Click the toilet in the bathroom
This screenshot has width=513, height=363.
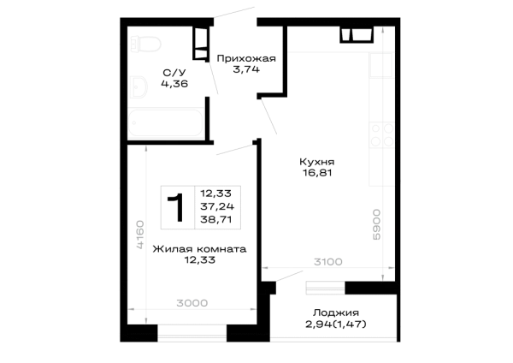pyautogui.click(x=145, y=45)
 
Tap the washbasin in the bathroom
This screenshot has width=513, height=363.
pyautogui.click(x=139, y=86)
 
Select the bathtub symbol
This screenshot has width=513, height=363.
pyautogui.click(x=166, y=122)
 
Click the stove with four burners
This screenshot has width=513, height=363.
pyautogui.click(x=382, y=134)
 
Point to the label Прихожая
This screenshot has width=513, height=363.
pyautogui.click(x=246, y=58)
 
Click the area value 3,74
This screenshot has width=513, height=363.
pyautogui.click(x=246, y=69)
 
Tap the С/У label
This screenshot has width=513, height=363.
pyautogui.click(x=174, y=73)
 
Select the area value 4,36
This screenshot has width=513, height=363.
pyautogui.click(x=174, y=84)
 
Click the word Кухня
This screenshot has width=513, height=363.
pyautogui.click(x=316, y=162)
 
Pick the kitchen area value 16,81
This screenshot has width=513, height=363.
pyautogui.click(x=317, y=173)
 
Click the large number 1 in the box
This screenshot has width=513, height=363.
pyautogui.click(x=176, y=207)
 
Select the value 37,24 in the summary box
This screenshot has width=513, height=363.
pyautogui.click(x=217, y=206)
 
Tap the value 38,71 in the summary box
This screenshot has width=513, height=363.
pyautogui.click(x=216, y=219)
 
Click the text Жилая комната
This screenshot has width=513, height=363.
pyautogui.click(x=199, y=249)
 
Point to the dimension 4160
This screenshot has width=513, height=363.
pyautogui.click(x=139, y=235)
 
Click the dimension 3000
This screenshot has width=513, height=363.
pyautogui.click(x=192, y=303)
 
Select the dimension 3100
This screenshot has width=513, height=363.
pyautogui.click(x=328, y=262)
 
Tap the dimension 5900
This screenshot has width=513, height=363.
pyautogui.click(x=376, y=225)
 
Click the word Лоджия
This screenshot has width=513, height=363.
pyautogui.click(x=336, y=312)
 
